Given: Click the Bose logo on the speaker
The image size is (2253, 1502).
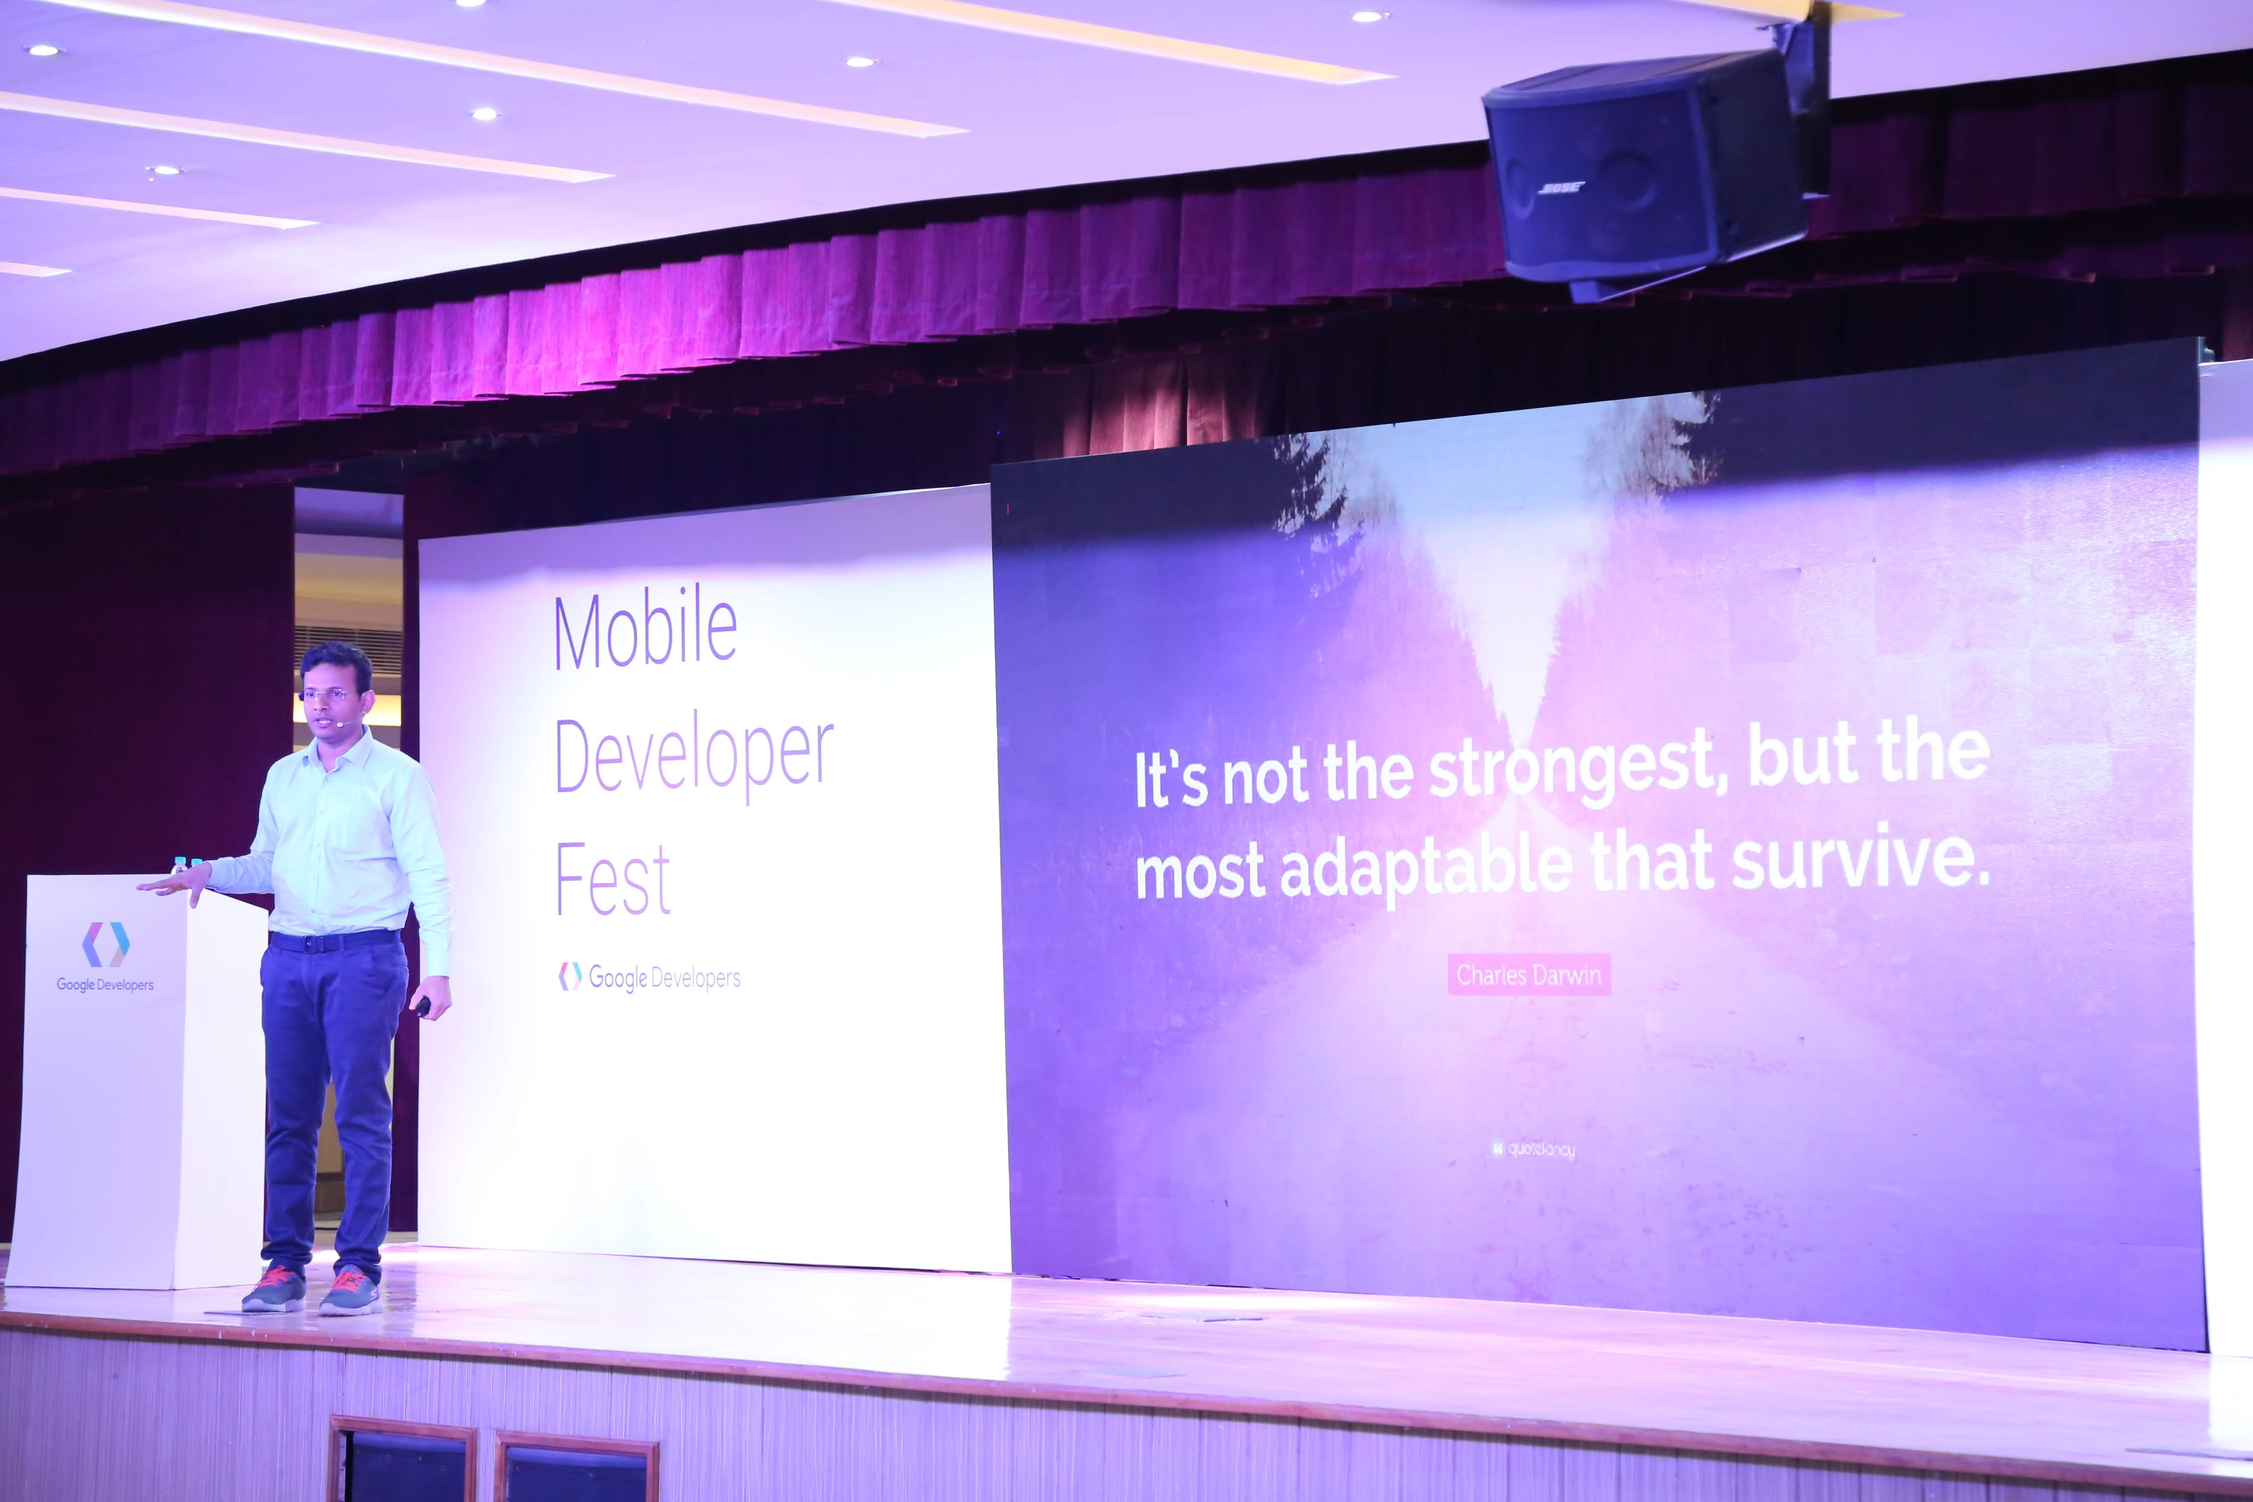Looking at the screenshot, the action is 1560,188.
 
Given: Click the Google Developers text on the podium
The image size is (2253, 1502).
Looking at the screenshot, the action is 105,985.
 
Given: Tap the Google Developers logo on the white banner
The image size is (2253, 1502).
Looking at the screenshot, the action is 649,977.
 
